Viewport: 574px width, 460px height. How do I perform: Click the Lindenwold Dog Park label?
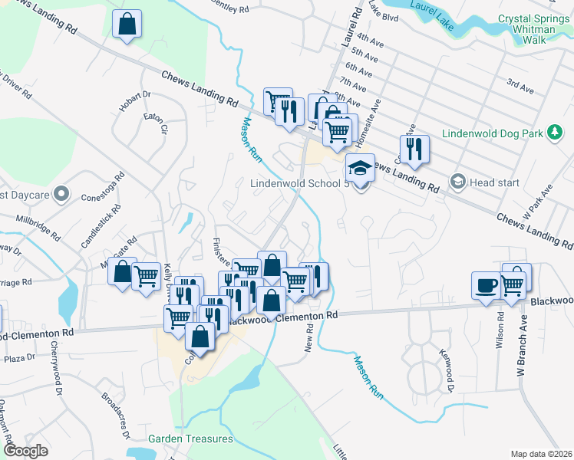[x=491, y=133]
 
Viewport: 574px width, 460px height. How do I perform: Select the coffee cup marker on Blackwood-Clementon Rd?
[x=484, y=285]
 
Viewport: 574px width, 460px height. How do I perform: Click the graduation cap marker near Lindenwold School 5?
[x=360, y=166]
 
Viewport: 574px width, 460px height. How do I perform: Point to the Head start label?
[x=494, y=182]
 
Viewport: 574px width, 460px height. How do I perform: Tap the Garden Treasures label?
[x=190, y=439]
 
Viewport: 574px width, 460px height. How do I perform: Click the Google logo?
[x=25, y=451]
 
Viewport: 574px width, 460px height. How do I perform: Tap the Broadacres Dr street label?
[x=116, y=415]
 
